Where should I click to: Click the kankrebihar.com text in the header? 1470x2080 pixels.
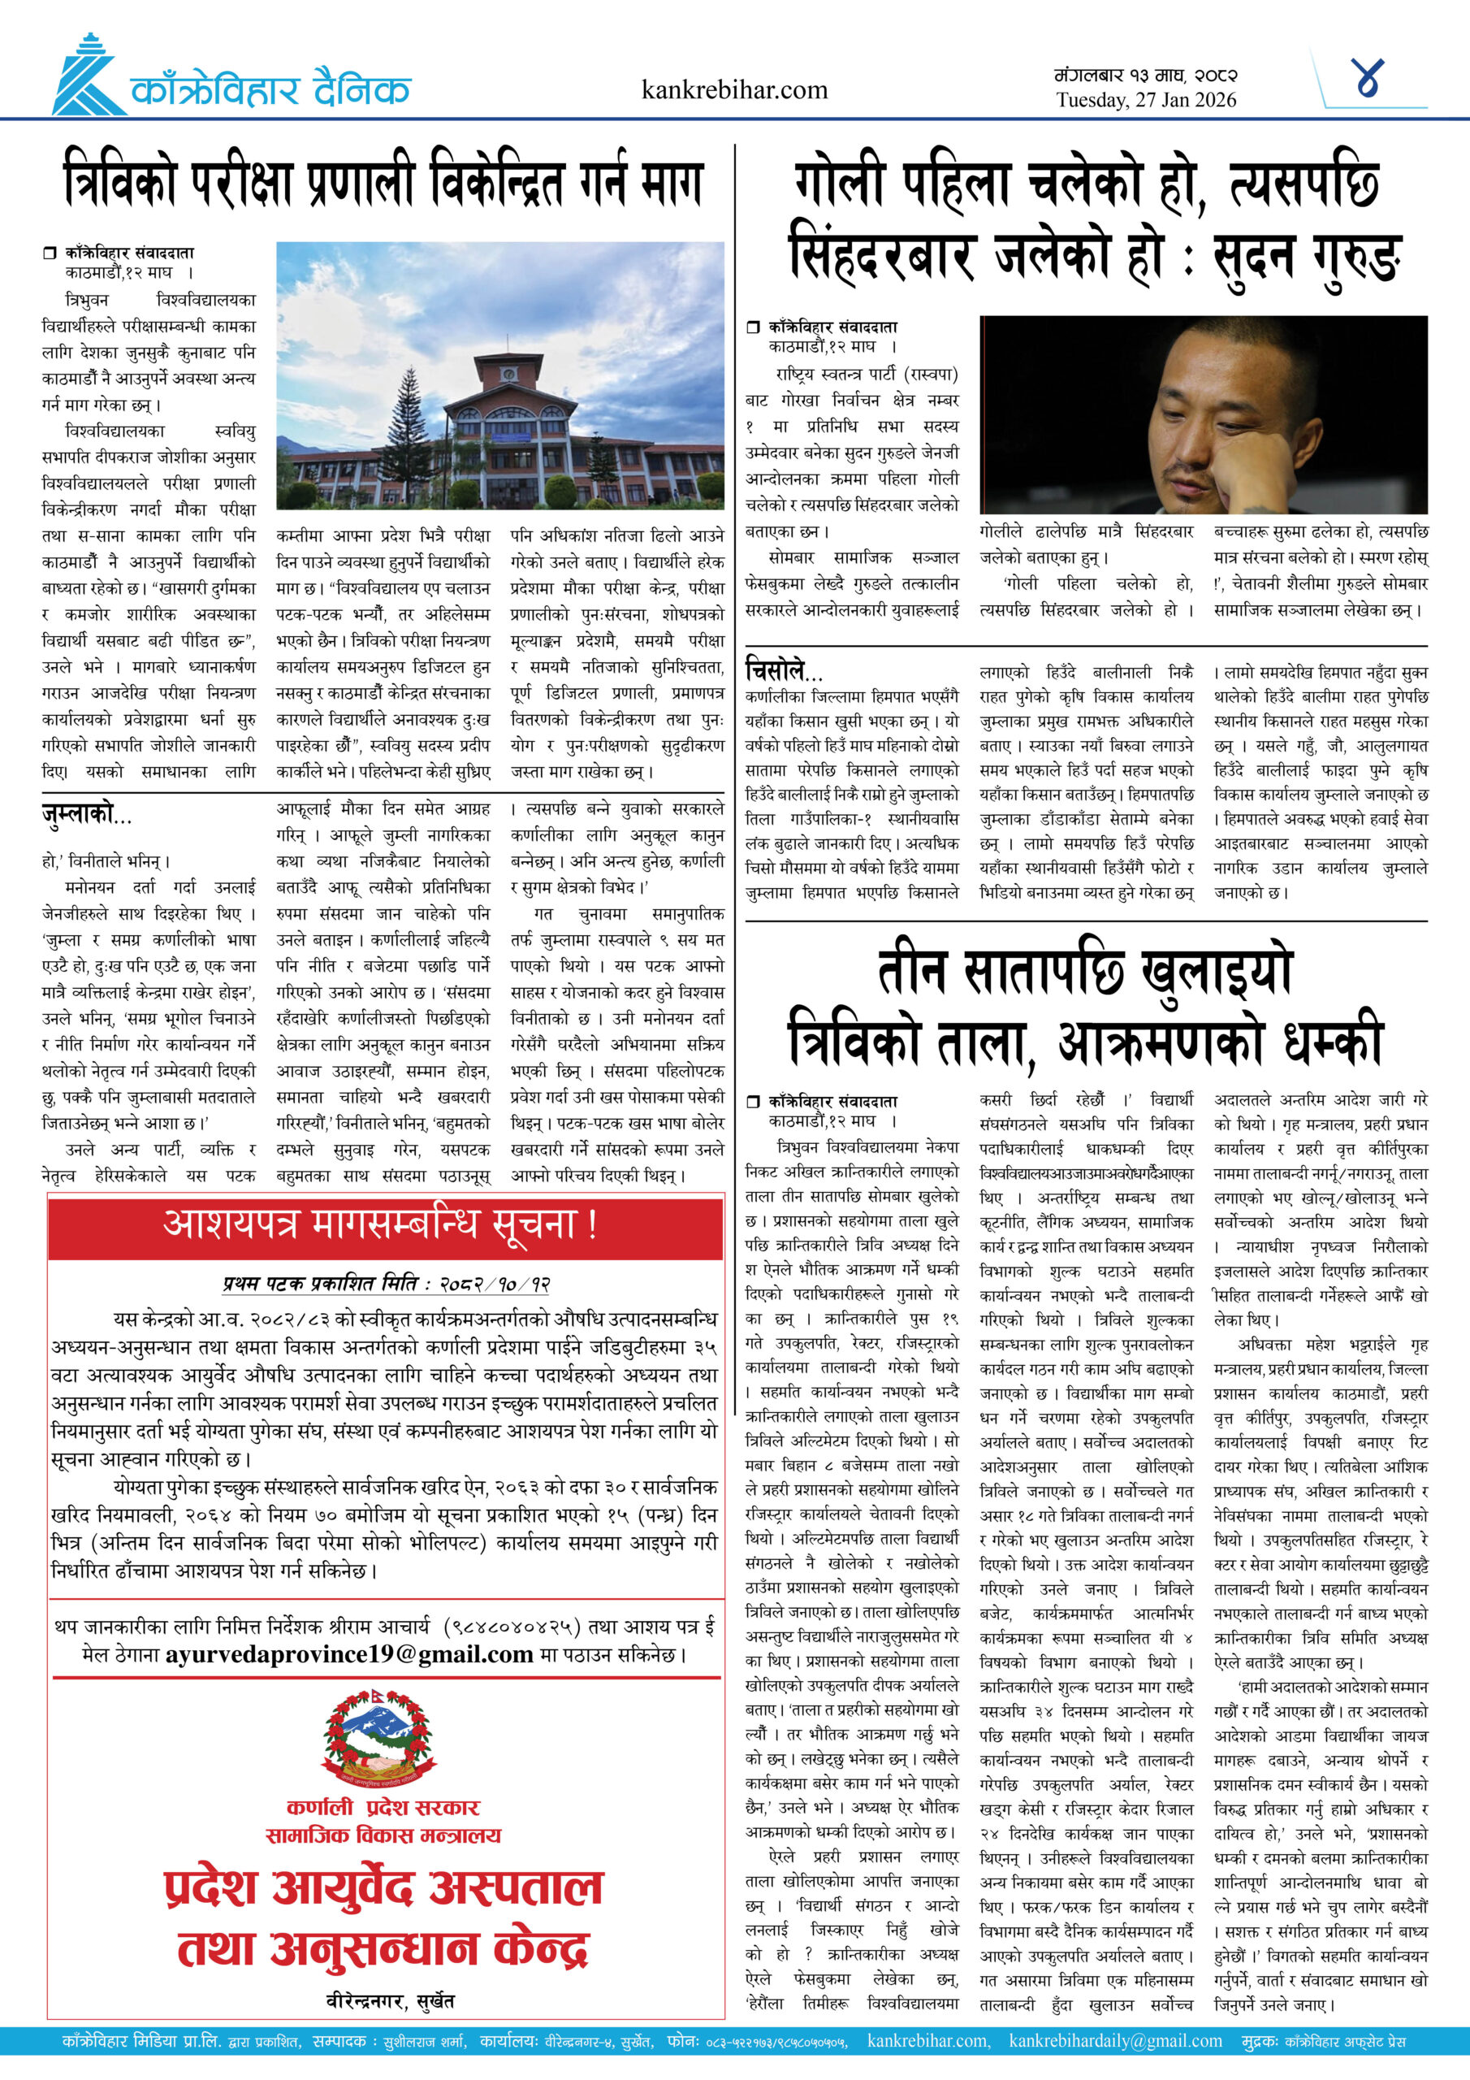[x=733, y=89]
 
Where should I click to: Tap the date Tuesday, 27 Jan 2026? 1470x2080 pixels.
[x=1146, y=101]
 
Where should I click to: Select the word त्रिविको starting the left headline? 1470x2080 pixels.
[x=119, y=182]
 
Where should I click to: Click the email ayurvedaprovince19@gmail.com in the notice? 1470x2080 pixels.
[x=348, y=1654]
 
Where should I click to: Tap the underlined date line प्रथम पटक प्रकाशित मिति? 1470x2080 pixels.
[x=387, y=1284]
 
